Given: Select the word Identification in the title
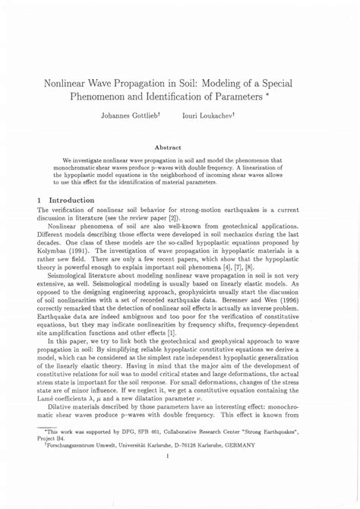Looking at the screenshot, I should click(192, 97).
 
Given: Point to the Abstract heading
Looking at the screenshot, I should click(179, 147).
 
